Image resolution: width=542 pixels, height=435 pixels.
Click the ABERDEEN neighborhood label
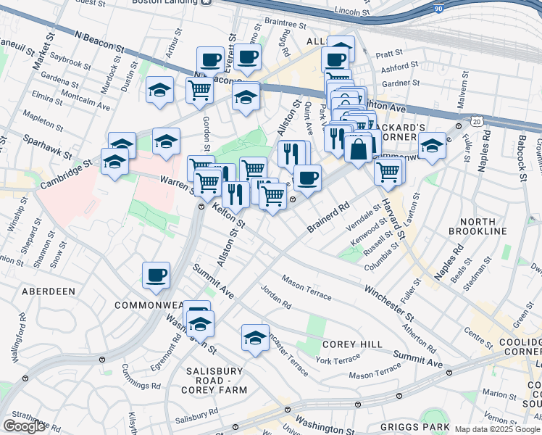[x=49, y=291]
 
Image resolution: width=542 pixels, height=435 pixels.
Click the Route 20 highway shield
[x=475, y=120]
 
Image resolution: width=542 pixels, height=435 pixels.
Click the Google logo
[x=24, y=426]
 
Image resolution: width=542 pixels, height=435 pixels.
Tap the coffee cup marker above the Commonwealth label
[x=157, y=275]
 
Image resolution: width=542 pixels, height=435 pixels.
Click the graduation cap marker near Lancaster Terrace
[x=255, y=337]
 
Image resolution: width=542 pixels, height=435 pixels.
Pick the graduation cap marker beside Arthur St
[x=159, y=90]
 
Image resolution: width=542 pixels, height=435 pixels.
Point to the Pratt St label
[x=388, y=54]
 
